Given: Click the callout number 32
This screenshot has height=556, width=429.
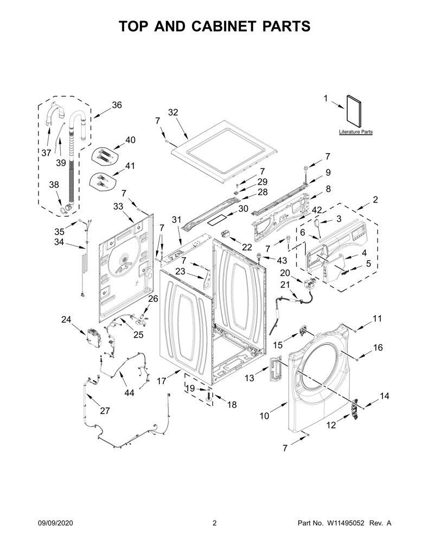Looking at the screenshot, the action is click(x=173, y=112).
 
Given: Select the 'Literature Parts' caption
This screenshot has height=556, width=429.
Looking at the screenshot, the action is click(x=356, y=132).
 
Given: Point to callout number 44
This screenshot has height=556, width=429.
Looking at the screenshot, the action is click(x=129, y=393).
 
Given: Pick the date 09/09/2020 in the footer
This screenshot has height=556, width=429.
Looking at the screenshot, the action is click(x=55, y=523).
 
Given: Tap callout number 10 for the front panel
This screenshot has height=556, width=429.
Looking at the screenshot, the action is click(x=264, y=415).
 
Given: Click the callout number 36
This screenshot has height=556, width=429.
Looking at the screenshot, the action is click(x=117, y=105).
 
